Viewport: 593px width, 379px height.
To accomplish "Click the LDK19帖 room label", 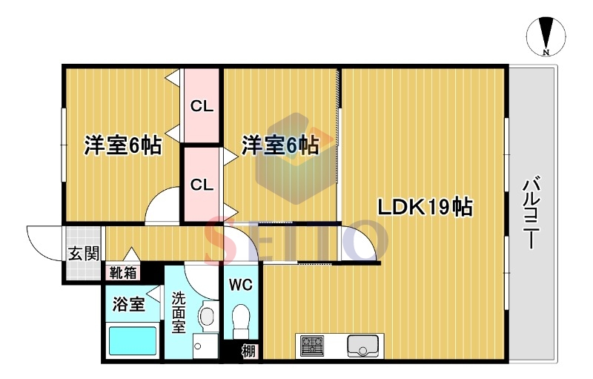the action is coord(425,206).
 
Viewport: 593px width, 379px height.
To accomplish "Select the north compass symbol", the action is coord(546,36).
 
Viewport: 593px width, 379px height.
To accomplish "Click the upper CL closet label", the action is coord(202,106).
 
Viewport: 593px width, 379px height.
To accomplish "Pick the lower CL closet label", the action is coord(202,185).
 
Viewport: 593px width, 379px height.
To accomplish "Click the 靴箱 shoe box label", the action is coord(123,272).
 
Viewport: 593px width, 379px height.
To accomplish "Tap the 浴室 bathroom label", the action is coord(128,304).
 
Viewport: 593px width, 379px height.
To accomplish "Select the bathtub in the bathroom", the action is coord(133,340).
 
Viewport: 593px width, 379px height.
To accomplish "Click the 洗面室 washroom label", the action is coord(179,313).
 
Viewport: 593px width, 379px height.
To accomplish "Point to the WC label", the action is coord(240,285).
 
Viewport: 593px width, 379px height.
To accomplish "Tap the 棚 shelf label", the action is coord(248,352).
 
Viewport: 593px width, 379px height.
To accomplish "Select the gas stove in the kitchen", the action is coord(312,346).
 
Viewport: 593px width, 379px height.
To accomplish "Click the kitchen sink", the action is coord(362,346).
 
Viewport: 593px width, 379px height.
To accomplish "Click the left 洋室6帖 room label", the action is coord(123,145).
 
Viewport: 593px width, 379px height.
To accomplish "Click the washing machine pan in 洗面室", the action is coord(205,346).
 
